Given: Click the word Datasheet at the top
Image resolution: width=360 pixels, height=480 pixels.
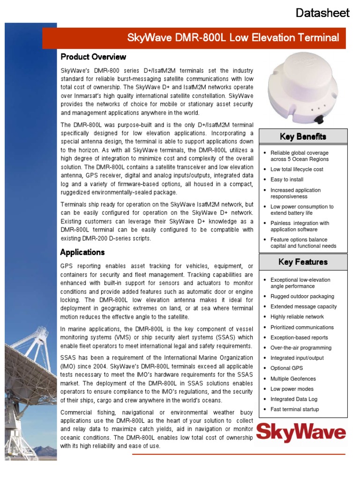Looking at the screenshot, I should point(322,13).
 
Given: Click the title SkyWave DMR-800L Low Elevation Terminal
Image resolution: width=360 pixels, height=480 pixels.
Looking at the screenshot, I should point(233,38).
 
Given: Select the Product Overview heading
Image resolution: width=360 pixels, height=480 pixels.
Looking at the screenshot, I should point(93,57).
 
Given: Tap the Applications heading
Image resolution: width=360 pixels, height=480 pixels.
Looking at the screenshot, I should point(82,252).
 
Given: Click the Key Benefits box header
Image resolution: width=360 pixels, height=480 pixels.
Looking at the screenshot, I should point(303,136).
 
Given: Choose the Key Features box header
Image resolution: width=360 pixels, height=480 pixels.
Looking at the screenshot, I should point(303,262).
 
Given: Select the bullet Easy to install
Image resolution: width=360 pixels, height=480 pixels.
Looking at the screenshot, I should point(287,180).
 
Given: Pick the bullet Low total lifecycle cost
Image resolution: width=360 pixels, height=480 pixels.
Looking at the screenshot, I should point(297,169).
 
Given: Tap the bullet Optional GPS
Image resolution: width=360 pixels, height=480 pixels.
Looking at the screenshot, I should point(287,368).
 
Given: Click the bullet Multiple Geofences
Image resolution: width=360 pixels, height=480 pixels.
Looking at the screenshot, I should point(293,379).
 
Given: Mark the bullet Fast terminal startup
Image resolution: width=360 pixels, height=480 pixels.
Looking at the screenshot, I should point(294,409).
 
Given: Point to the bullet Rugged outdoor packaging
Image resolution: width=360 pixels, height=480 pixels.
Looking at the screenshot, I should point(302,296).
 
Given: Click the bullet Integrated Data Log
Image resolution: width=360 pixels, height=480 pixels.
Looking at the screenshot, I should point(294,399).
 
